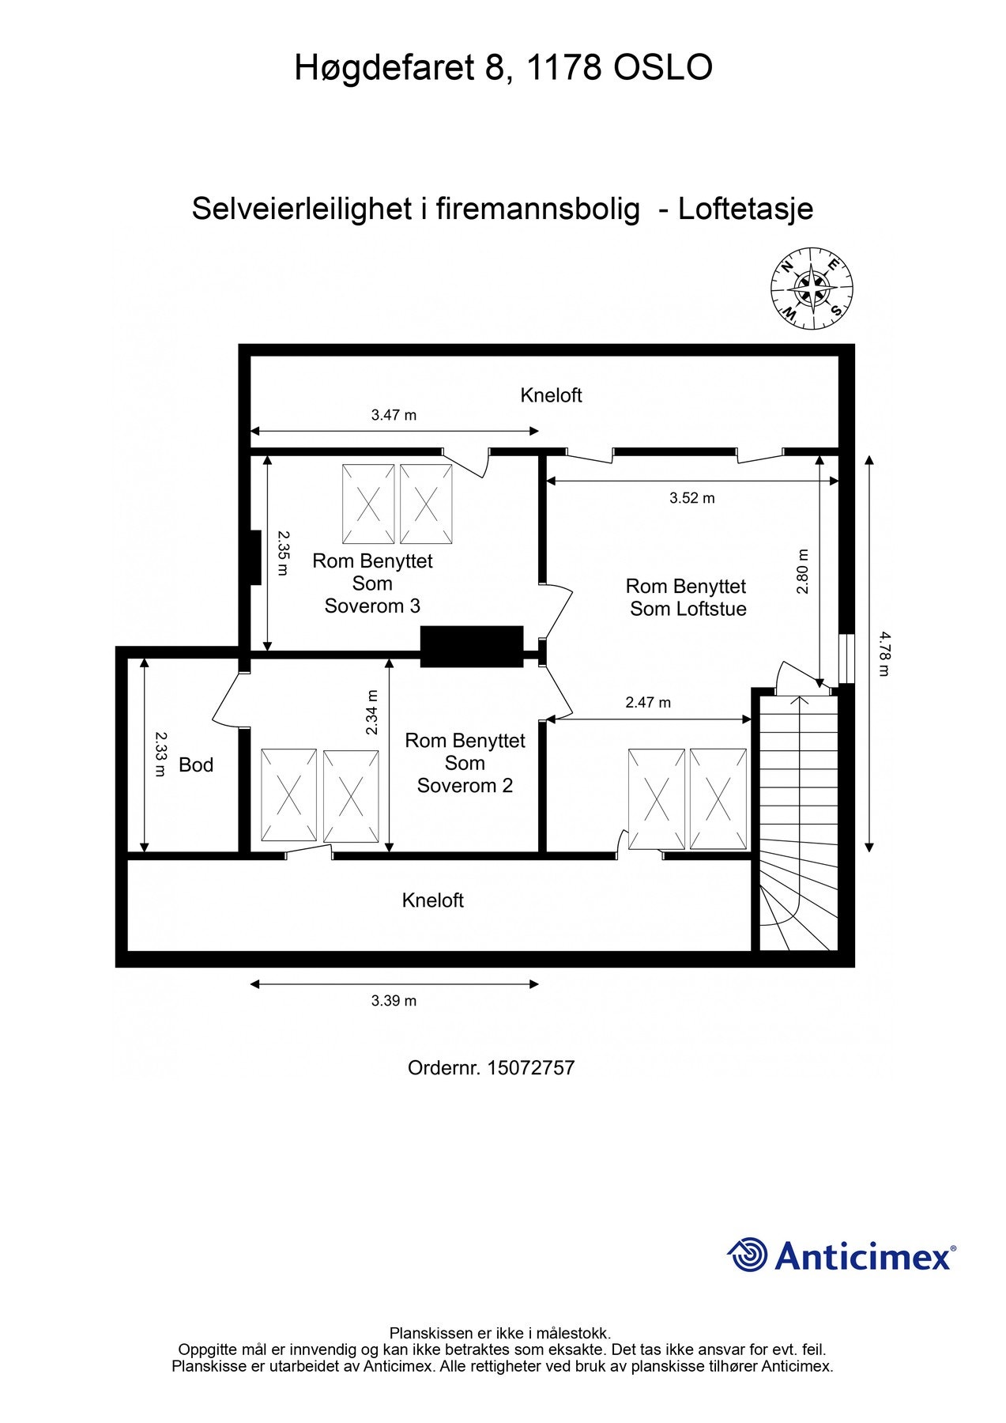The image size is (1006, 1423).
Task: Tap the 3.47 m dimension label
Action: [x=394, y=415]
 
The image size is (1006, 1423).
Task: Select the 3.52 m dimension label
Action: [x=691, y=498]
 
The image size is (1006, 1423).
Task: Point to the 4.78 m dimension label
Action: [x=884, y=653]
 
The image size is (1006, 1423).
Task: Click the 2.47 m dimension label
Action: [x=647, y=702]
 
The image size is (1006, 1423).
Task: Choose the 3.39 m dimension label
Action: [x=394, y=1001]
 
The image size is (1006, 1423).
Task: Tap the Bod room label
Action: [x=196, y=764]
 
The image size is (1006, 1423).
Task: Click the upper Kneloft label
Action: [x=551, y=395]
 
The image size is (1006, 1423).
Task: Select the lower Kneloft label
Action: [x=432, y=900]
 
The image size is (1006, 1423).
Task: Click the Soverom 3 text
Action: [x=372, y=606]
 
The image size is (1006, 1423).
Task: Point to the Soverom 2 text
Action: [x=465, y=786]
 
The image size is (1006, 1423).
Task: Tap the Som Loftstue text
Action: [x=688, y=609]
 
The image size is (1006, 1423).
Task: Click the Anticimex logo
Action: [x=841, y=1255]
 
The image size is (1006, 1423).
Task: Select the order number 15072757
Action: [x=530, y=1068]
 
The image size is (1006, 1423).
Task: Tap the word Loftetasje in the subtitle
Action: [x=745, y=209]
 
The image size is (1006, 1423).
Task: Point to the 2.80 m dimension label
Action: [x=803, y=572]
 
